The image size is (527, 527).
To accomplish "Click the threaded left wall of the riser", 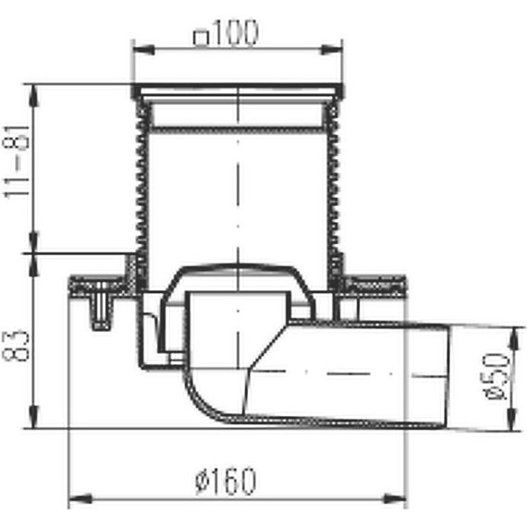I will coord(141,185).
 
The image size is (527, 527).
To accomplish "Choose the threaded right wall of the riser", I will coord(336,185).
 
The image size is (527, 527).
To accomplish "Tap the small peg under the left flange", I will coord(97,311).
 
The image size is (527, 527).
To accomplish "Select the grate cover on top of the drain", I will coord(239,92).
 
